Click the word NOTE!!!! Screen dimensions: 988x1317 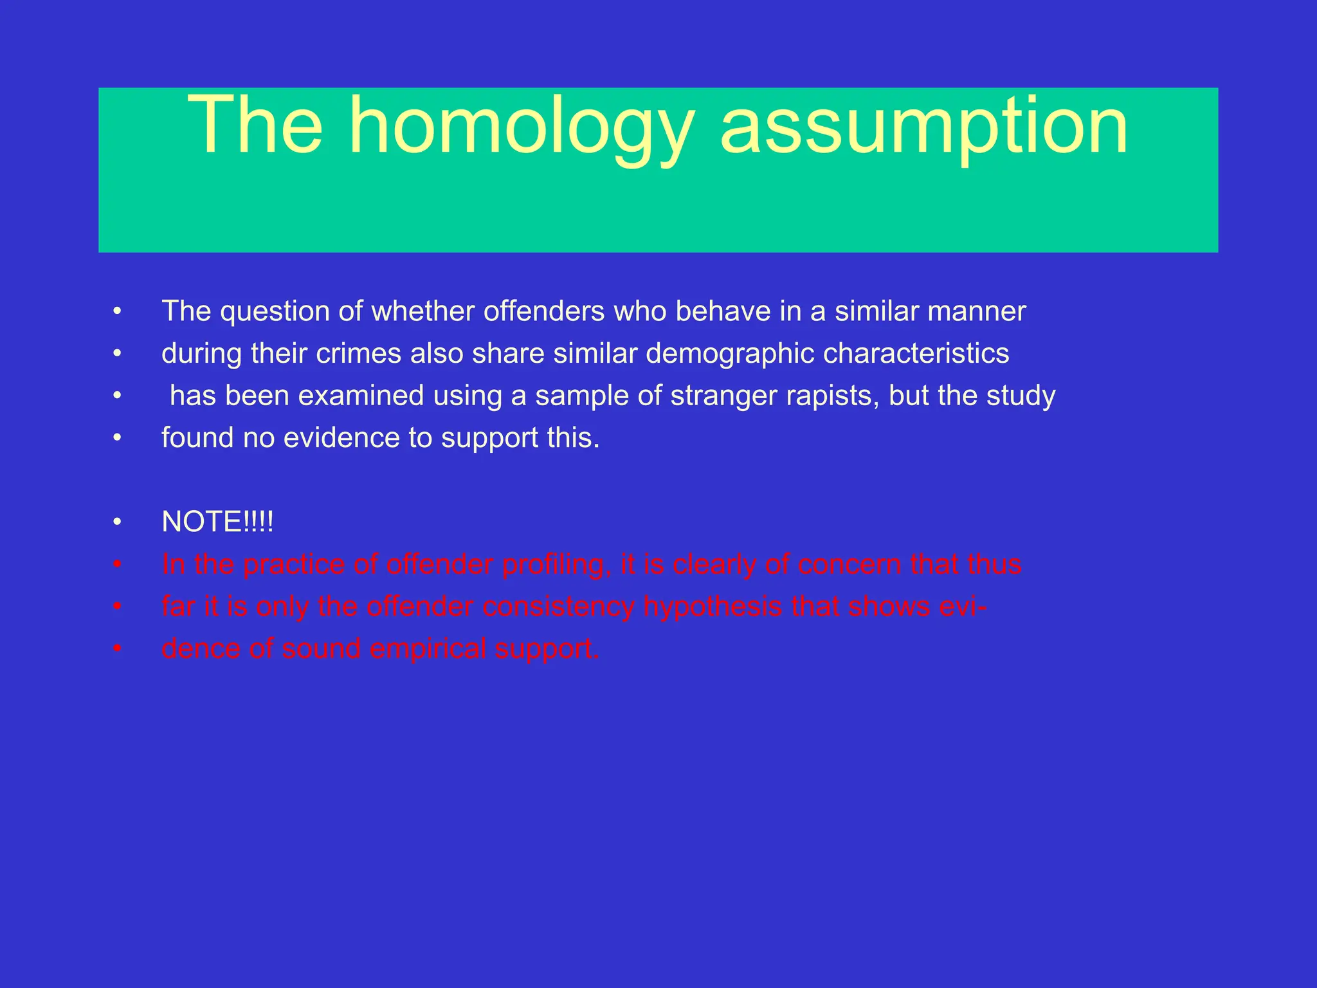pyautogui.click(x=217, y=522)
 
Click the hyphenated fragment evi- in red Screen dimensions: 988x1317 pyautogui.click(x=963, y=607)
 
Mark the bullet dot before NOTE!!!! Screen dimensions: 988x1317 pyautogui.click(x=117, y=522)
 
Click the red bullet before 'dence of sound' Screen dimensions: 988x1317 pyautogui.click(x=117, y=649)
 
